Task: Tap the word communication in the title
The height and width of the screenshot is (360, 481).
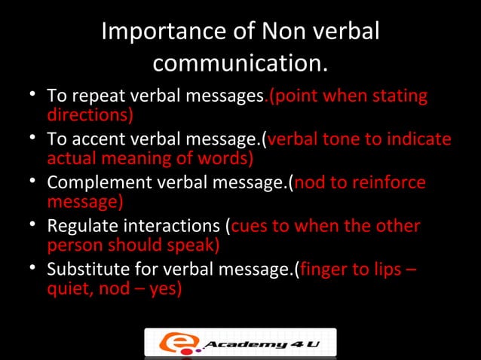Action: (240, 64)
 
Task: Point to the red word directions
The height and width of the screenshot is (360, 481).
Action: (90, 115)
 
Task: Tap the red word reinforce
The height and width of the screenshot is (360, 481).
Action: (386, 183)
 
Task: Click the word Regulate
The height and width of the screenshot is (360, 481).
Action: (78, 227)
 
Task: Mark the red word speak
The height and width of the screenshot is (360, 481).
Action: (194, 246)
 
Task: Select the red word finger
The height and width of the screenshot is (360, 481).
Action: (325, 270)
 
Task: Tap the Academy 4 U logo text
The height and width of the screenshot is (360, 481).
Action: (255, 345)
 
